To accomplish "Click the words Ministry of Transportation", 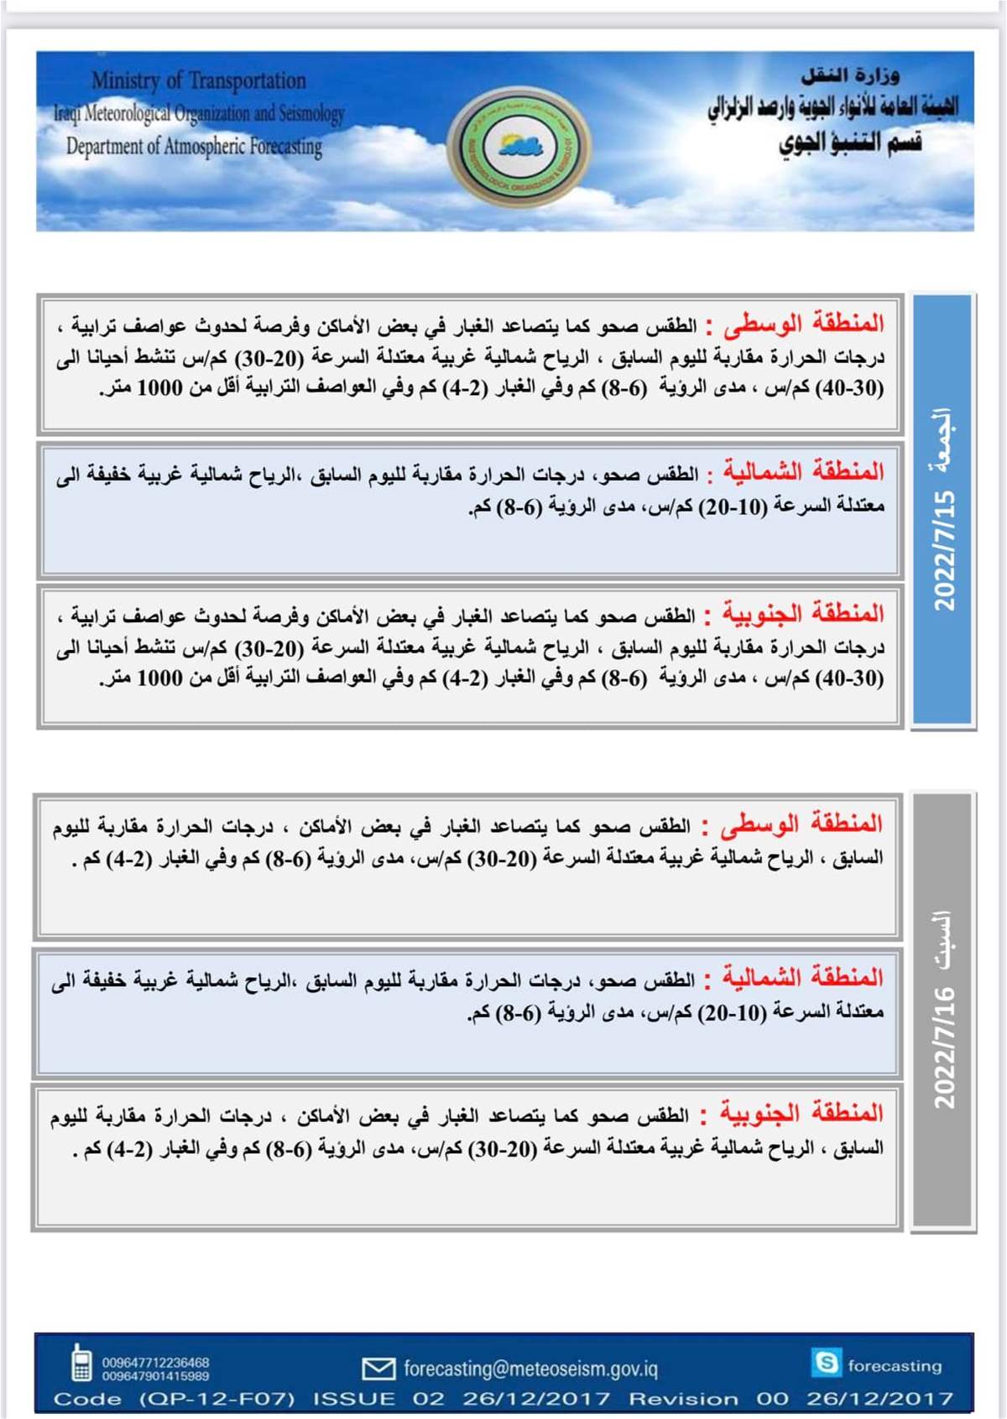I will pos(199,81).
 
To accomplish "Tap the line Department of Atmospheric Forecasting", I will pos(194,146).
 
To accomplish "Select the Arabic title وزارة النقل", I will pos(849,76).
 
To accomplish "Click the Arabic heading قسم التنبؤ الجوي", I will pos(849,143).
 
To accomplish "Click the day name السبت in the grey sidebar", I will pos(943,939).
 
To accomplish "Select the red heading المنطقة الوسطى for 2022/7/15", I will pos(804,323).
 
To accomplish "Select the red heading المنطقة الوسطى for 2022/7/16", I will pos(804,824).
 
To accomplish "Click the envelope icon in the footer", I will pos(378,1369).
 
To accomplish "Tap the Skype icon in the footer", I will pos(826,1362).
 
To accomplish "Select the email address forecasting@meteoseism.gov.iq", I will pos(530,1369).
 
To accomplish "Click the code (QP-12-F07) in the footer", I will pos(217,1398).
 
